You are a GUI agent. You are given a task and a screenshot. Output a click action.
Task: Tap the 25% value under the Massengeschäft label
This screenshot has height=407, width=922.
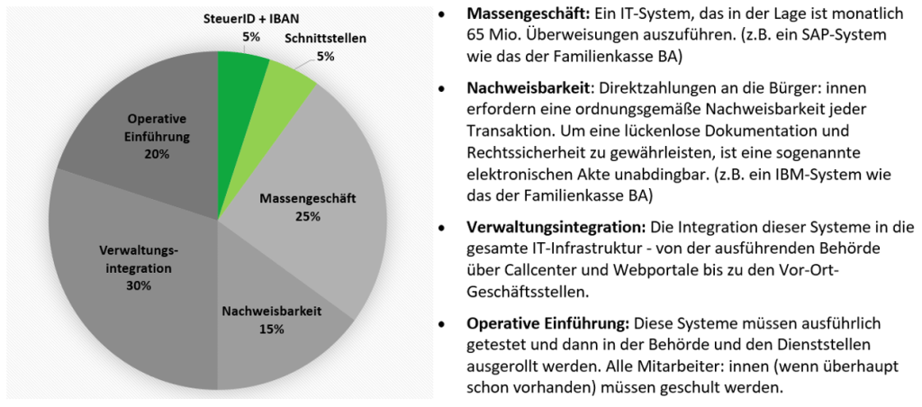pyautogui.click(x=307, y=216)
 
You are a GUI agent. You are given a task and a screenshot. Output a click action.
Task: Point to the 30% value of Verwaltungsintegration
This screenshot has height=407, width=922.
pyautogui.click(x=139, y=285)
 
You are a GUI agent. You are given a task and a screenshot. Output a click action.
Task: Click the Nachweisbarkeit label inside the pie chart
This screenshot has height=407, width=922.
pyautogui.click(x=271, y=312)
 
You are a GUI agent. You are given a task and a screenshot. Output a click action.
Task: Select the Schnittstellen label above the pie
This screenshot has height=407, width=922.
pyautogui.click(x=325, y=39)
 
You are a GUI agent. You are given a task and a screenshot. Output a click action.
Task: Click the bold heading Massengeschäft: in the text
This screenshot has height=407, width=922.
pyautogui.click(x=529, y=15)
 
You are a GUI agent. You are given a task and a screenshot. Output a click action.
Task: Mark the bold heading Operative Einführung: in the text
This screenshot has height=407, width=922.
pyautogui.click(x=547, y=322)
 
